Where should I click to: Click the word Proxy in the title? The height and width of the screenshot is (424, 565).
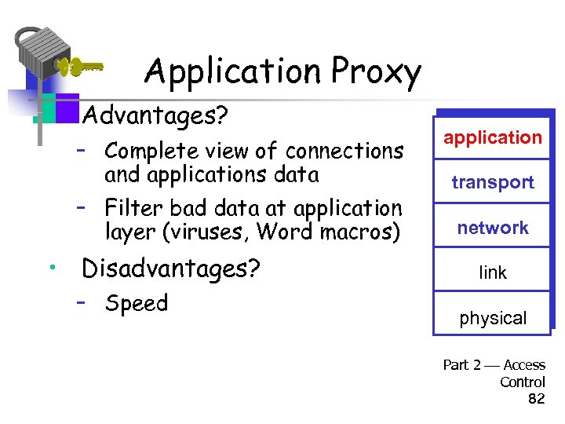(x=377, y=73)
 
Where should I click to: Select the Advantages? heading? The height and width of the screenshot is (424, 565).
(x=155, y=116)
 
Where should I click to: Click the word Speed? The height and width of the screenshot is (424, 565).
(x=137, y=303)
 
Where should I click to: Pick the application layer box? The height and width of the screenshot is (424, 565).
(x=493, y=137)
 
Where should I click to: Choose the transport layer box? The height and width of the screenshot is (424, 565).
(x=493, y=182)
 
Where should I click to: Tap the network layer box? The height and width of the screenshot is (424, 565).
(x=493, y=228)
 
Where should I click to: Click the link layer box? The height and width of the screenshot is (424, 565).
(x=493, y=272)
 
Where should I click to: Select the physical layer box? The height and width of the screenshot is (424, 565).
(x=493, y=318)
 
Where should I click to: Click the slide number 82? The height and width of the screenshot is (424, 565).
(x=537, y=399)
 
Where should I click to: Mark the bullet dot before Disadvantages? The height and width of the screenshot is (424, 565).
(x=49, y=269)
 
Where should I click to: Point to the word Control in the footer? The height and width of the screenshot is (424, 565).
(x=523, y=382)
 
